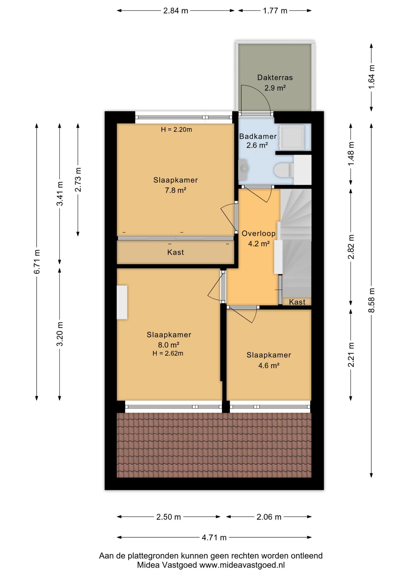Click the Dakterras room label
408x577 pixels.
coord(275,78)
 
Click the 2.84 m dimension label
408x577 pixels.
coord(175,11)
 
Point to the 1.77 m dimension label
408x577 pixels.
coord(275,11)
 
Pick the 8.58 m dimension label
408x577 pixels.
coord(372,300)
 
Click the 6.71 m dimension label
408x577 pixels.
coord(37,261)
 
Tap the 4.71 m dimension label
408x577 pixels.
coord(214,537)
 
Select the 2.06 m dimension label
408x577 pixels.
coord(269,517)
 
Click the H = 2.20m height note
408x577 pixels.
coord(176,130)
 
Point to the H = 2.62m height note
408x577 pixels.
coord(168,353)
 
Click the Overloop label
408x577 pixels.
coord(258,234)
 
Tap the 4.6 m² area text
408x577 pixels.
coord(269,365)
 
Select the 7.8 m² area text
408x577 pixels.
coord(175,190)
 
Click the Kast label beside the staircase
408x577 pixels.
coord(297,302)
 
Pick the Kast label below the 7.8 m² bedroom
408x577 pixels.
coord(175,252)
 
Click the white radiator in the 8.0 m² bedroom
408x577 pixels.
coord(122,302)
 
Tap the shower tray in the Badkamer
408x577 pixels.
coord(291,137)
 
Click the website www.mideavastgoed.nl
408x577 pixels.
coord(242,565)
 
